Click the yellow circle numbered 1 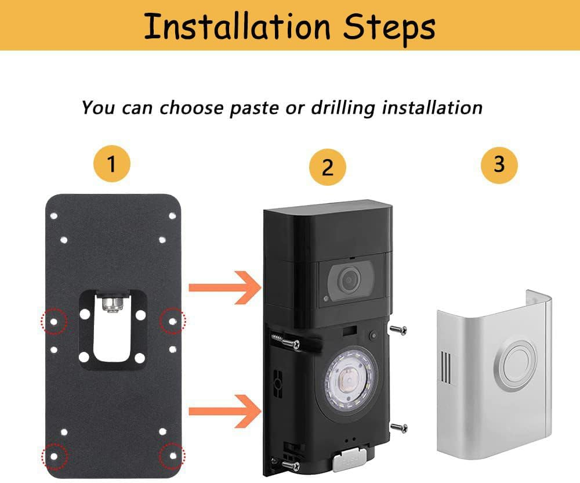[x=111, y=164]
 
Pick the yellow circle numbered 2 [x=328, y=167]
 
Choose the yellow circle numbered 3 [x=499, y=164]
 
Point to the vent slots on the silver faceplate [x=445, y=367]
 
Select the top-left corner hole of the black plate [x=54, y=215]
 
